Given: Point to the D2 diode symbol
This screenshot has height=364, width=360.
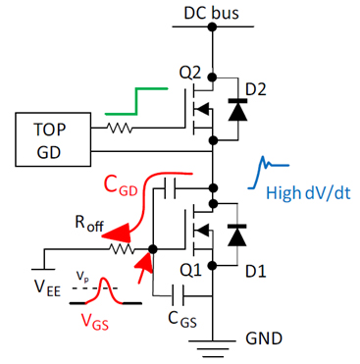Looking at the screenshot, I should pyautogui.click(x=236, y=111).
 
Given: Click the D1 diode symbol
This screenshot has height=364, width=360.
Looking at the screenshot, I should pyautogui.click(x=236, y=235).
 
